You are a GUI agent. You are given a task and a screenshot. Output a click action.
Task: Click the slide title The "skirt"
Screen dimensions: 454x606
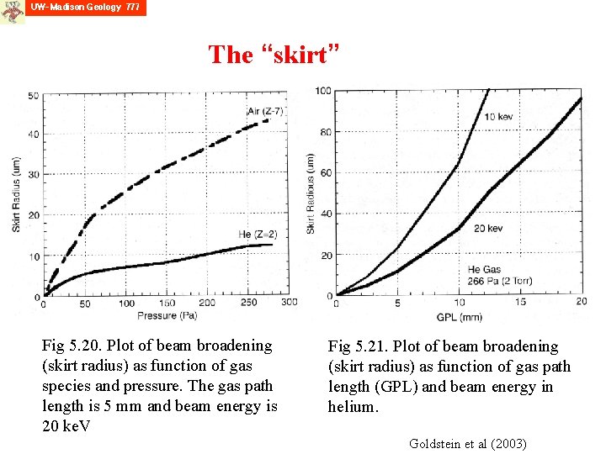pyautogui.click(x=274, y=55)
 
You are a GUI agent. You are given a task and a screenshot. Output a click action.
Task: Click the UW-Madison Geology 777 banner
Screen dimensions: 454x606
pyautogui.click(x=86, y=8)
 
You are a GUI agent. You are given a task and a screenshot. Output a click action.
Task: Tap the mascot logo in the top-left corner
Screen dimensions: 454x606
pyautogui.click(x=12, y=11)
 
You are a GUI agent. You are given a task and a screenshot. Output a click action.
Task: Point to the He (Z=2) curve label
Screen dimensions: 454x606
pyautogui.click(x=258, y=234)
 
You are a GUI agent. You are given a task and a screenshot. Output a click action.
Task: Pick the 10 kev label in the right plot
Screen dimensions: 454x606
pyautogui.click(x=501, y=116)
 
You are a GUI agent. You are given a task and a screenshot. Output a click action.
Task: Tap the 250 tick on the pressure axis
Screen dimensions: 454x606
pyautogui.click(x=248, y=303)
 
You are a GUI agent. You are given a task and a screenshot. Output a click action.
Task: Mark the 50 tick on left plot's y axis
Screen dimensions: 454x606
pyautogui.click(x=34, y=95)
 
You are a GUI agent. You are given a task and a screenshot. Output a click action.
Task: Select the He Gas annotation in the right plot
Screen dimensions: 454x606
pyautogui.click(x=486, y=269)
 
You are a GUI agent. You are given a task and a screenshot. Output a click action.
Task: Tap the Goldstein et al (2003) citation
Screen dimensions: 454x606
pyautogui.click(x=467, y=443)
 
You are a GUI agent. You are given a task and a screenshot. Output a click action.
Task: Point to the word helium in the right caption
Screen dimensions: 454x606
pyautogui.click(x=353, y=407)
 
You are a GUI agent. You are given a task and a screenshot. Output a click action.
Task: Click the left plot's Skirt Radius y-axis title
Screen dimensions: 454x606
pyautogui.click(x=16, y=195)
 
